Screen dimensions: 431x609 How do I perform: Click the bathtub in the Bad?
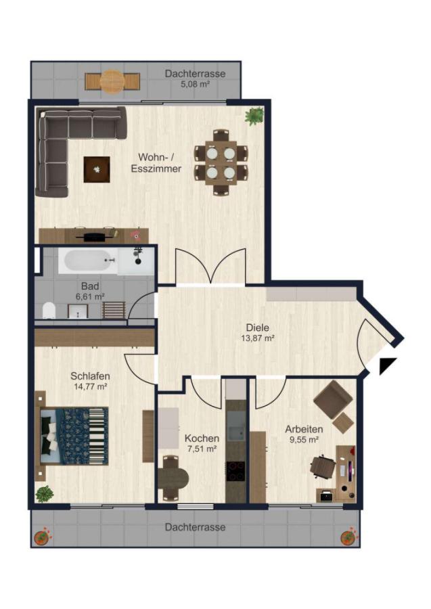[88, 261]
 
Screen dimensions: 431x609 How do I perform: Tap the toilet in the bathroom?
[49, 311]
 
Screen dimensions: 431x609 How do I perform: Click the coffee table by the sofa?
[97, 169]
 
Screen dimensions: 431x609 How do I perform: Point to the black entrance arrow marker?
[387, 365]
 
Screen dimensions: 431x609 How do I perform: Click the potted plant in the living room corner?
[254, 116]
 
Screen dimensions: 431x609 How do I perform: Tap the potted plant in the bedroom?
[45, 494]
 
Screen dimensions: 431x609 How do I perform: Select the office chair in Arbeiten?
[323, 466]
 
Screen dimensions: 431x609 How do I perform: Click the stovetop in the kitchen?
[235, 472]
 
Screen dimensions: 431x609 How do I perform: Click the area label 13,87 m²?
[258, 338]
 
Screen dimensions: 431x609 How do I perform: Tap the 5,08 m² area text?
[196, 83]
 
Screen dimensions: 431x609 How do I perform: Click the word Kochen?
[202, 438]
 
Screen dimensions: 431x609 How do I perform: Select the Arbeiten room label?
[304, 430]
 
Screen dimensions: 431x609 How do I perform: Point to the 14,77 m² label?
[91, 386]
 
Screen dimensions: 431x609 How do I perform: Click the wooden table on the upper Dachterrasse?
[112, 82]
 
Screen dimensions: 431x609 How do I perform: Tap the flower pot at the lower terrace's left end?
[41, 537]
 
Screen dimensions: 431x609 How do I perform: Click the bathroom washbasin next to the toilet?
[78, 311]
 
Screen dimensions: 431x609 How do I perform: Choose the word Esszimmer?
[156, 169]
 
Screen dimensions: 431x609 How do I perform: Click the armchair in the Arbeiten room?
[333, 401]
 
